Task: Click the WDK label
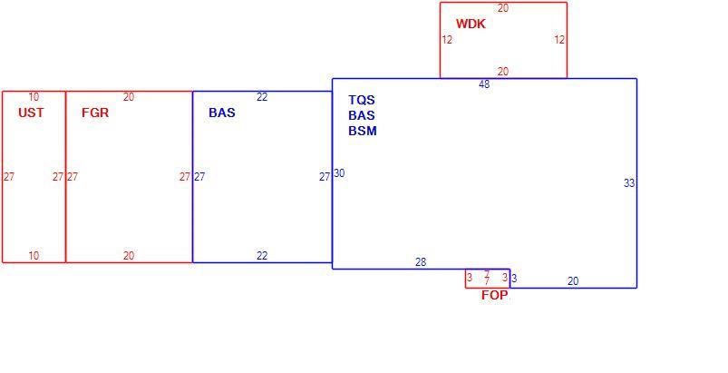(471, 24)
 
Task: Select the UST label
(31, 113)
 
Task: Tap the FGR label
(95, 113)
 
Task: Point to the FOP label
(494, 295)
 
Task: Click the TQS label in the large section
(362, 100)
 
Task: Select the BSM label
(363, 131)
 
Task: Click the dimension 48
(484, 84)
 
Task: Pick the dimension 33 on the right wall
(629, 183)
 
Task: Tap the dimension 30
(339, 173)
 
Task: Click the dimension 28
(421, 262)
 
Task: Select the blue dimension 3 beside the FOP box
(514, 279)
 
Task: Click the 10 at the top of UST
(34, 97)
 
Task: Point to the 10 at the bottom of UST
(34, 256)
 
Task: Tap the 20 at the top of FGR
(129, 97)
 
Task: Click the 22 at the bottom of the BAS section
(262, 256)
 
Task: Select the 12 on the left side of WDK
(447, 40)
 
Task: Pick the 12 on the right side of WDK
(559, 40)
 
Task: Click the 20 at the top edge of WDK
(503, 8)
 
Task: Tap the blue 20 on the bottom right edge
(573, 281)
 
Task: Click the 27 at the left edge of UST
(9, 177)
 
